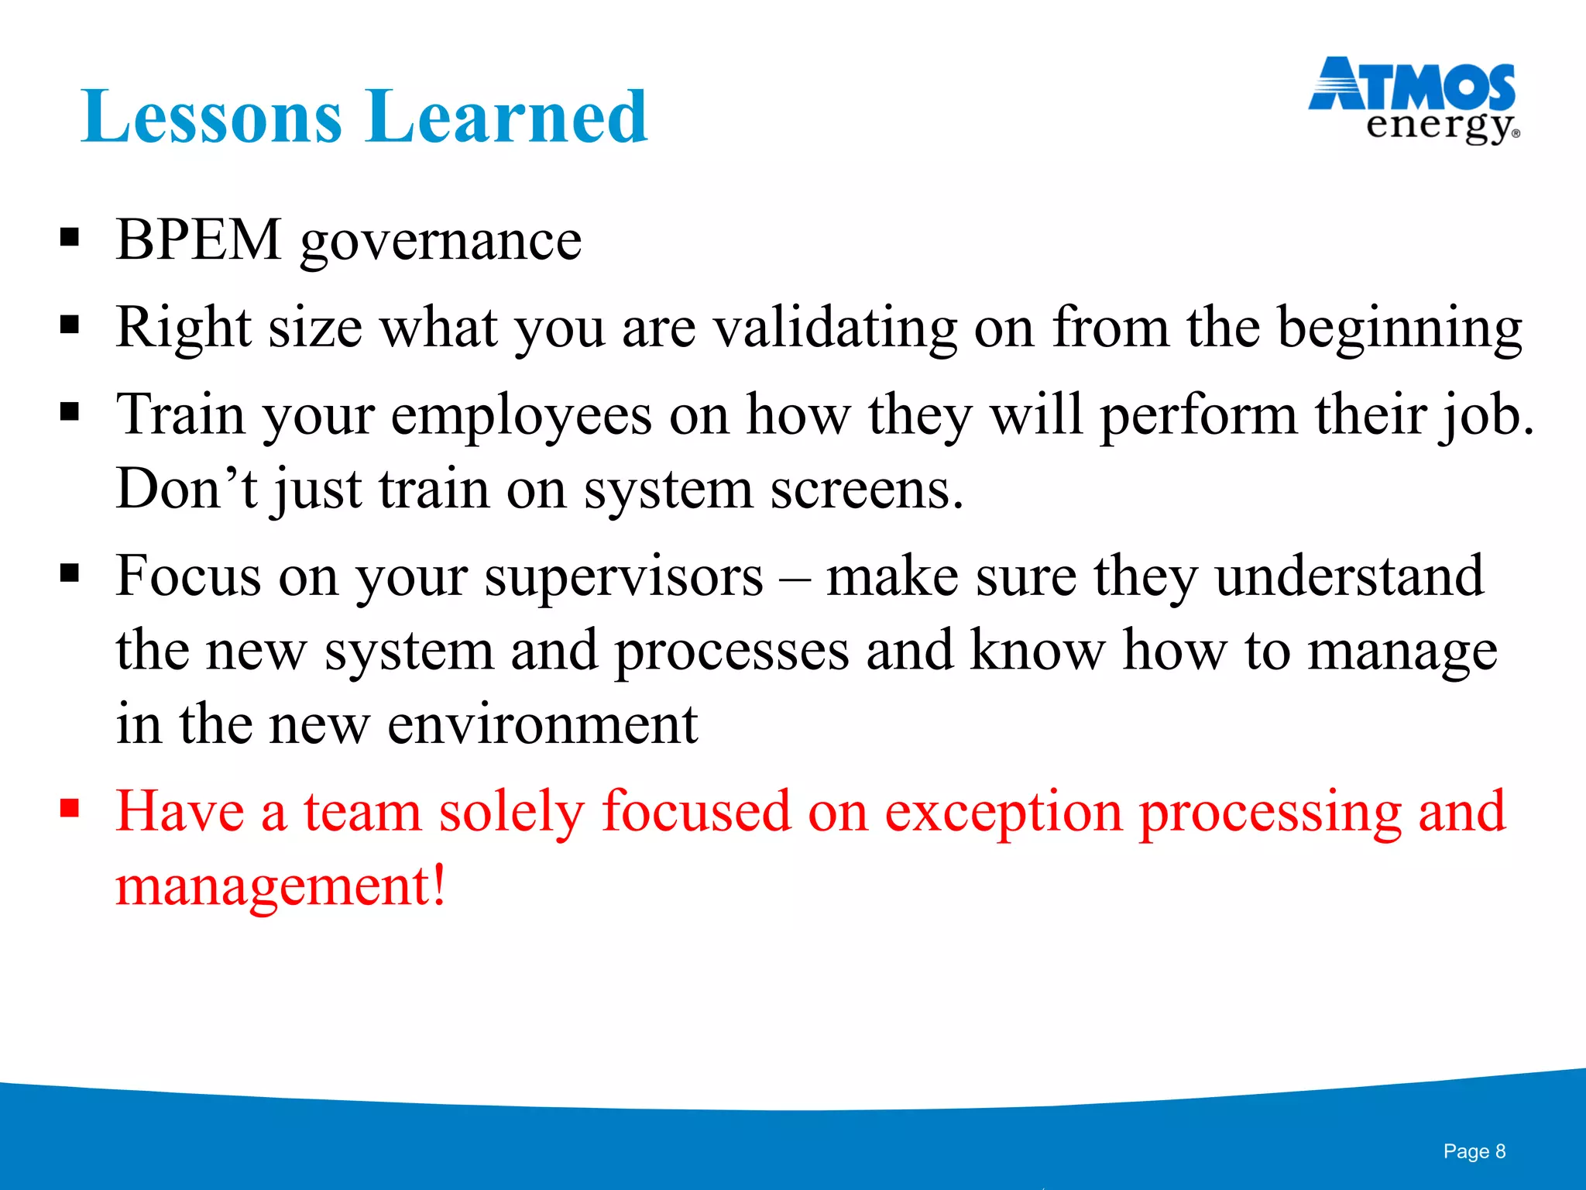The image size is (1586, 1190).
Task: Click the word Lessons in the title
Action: click(211, 118)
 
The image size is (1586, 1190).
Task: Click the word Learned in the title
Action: click(507, 118)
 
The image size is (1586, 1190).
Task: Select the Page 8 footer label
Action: click(1474, 1151)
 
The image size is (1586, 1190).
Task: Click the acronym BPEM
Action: click(198, 239)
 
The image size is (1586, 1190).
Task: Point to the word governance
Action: click(441, 242)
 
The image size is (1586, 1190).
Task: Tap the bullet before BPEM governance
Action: click(70, 237)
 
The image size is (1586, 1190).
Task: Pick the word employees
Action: click(521, 417)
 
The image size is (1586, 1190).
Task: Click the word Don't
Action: click(186, 489)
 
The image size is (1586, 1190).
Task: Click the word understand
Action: click(1349, 576)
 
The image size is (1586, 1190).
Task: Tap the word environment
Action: click(542, 724)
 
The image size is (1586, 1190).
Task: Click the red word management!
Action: click(281, 886)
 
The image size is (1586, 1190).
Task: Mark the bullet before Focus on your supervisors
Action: click(70, 574)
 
